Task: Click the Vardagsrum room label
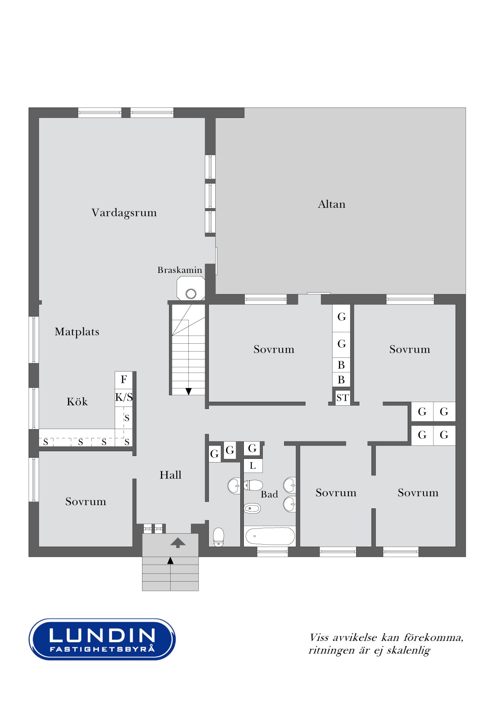124,213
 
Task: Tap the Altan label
332,204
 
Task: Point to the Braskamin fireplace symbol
191,289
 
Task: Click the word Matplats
77,332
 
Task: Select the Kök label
77,402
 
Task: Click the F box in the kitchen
124,380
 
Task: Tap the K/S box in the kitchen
124,398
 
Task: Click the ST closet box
342,398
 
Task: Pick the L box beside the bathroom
253,466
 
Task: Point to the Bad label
269,494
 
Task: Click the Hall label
170,475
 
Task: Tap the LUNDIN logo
102,639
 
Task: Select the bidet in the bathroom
252,509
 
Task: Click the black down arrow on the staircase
188,391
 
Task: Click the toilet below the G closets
218,537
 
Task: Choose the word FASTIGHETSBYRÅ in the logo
102,648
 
